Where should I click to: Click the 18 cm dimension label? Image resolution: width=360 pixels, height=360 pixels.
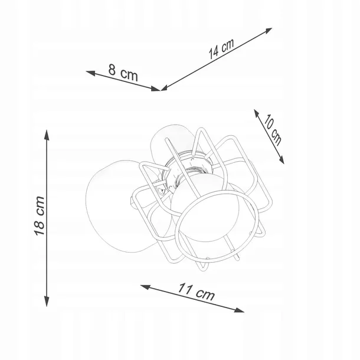pos(40,216)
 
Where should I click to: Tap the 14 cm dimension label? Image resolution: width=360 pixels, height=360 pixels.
pos(221,48)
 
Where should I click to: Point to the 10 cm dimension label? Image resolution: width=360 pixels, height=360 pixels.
pos(273,130)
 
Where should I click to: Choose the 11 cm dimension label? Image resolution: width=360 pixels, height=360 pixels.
pos(197,292)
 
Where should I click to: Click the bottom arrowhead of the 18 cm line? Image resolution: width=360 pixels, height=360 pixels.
pos(47,302)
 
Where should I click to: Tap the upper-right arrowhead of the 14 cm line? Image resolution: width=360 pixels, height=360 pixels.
pos(268,31)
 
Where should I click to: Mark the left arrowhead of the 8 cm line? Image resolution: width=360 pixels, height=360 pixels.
pos(91,73)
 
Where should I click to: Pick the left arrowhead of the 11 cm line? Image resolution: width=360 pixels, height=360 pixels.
pos(145,287)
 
